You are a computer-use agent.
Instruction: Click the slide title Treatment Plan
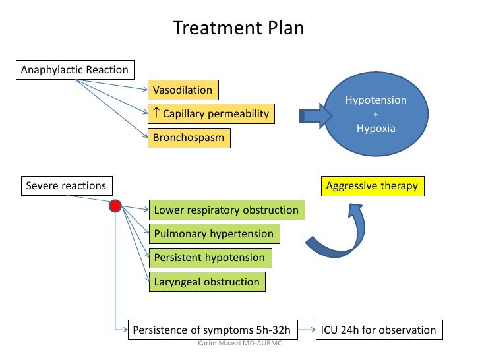[238, 29]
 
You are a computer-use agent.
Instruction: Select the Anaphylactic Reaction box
[75, 69]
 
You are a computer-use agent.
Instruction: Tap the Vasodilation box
[183, 90]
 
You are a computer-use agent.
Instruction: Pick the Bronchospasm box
[189, 138]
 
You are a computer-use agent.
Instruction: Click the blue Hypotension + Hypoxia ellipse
[376, 114]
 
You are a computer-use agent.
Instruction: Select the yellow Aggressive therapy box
[372, 186]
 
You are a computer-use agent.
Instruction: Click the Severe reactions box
[66, 186]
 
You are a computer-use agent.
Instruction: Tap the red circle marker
[115, 206]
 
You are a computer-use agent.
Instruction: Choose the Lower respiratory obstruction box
[226, 210]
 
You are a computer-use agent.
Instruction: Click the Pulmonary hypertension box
[214, 234]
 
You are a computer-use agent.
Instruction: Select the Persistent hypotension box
[210, 258]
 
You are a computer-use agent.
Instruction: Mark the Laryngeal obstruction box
[207, 282]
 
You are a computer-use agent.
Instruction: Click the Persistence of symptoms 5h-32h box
[212, 330]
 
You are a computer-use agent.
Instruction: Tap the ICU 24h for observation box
[378, 330]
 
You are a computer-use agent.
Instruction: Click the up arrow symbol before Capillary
[156, 113]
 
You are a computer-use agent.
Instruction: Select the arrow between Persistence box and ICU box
[307, 330]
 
